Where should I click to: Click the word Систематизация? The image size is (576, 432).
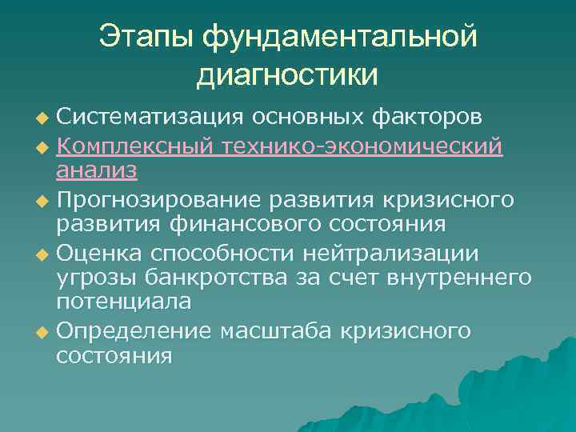click(150, 118)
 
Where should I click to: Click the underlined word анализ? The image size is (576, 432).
click(97, 170)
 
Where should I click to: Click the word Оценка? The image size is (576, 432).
click(100, 254)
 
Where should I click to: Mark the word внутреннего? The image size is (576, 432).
click(460, 278)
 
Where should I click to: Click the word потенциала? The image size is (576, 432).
click(123, 302)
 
